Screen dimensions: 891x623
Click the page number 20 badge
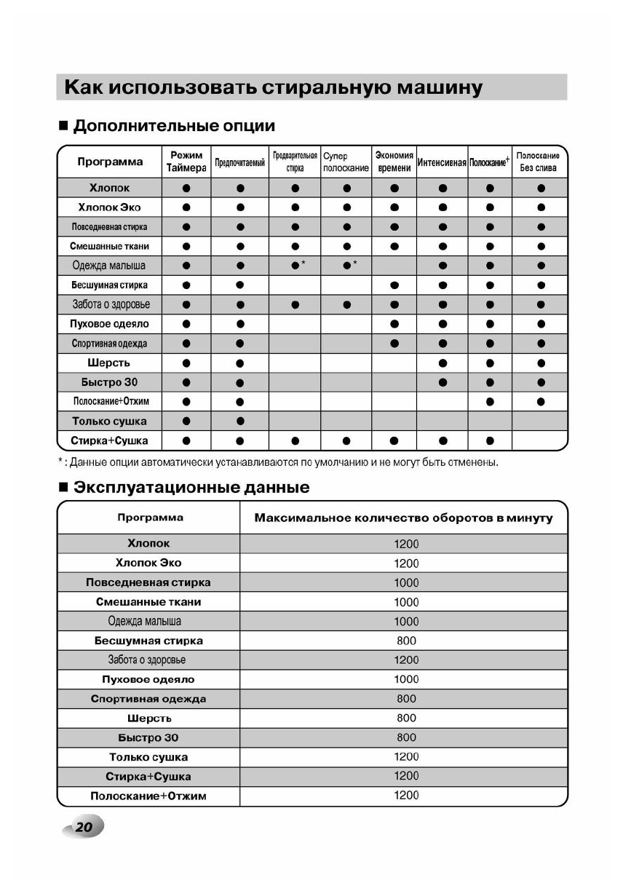coord(84,828)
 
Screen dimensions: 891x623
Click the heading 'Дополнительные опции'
coord(175,126)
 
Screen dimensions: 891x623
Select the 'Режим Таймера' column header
coord(186,162)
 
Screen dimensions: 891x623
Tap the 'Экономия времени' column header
coord(394,162)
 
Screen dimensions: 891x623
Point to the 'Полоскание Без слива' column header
coord(538,162)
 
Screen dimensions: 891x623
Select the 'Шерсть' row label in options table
coord(109,363)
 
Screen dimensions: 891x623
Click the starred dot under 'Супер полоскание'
coord(347,266)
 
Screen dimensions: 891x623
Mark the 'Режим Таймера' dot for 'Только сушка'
coord(186,421)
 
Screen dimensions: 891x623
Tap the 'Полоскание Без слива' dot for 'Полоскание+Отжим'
coord(541,401)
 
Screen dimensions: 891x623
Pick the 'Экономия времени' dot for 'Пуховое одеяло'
coord(394,324)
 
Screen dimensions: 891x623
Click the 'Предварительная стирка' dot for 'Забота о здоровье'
coord(295,304)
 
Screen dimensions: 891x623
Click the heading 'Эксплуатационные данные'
coord(191,488)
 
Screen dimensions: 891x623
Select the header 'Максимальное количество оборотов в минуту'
coord(403,518)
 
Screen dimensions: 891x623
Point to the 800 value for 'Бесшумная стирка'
coord(406,641)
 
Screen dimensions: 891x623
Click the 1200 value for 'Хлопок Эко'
coord(406,563)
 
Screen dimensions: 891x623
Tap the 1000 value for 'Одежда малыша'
coord(406,621)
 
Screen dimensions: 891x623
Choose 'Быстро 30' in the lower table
coord(148,737)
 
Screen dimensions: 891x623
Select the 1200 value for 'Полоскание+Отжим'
coord(406,796)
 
